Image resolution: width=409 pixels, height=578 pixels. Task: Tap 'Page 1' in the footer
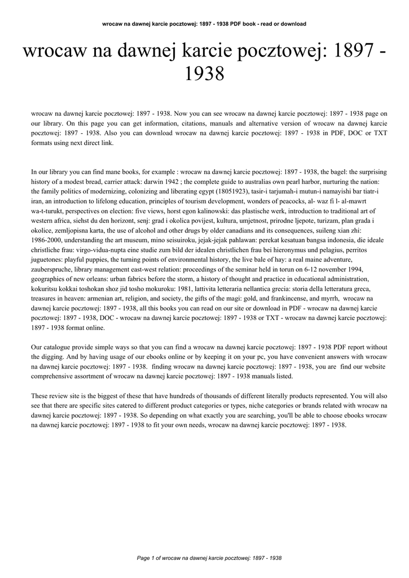(146, 558)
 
